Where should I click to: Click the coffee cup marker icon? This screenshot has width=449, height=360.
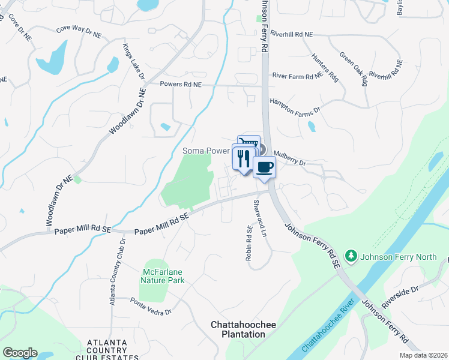264,167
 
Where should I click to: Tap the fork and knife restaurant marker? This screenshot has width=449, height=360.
243,158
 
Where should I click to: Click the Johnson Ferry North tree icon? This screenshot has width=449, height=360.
352,257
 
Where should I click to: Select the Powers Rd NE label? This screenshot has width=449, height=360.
181,85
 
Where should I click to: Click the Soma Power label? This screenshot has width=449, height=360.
206,151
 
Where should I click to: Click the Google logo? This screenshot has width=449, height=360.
20,353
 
